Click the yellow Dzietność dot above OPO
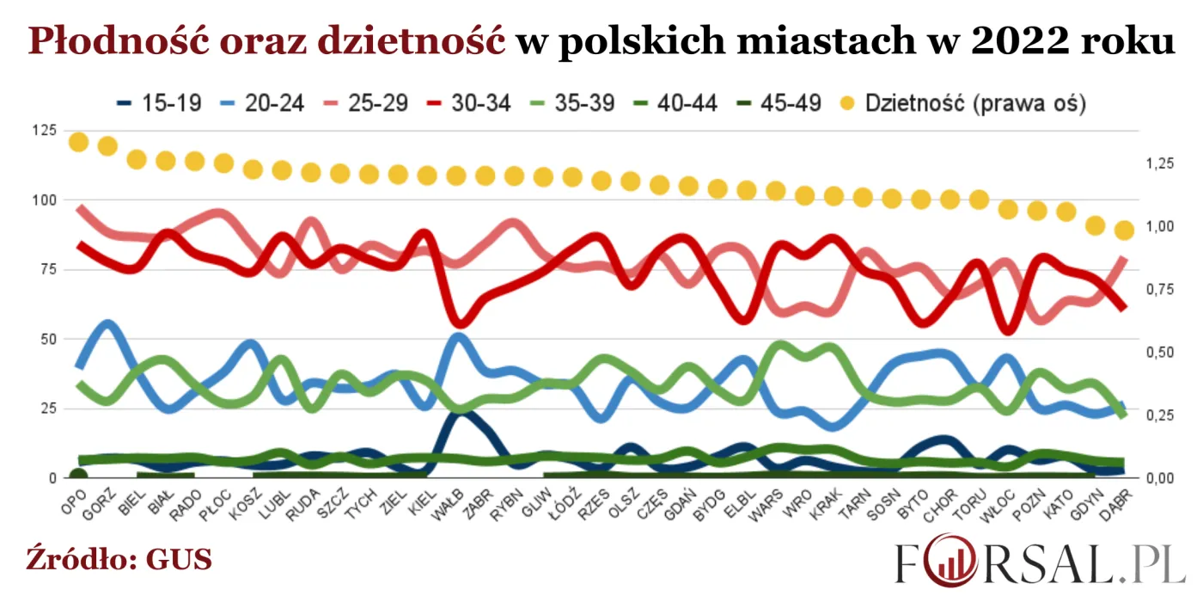click(79, 142)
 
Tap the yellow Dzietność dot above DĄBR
click(1124, 230)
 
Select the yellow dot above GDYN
click(1095, 225)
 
